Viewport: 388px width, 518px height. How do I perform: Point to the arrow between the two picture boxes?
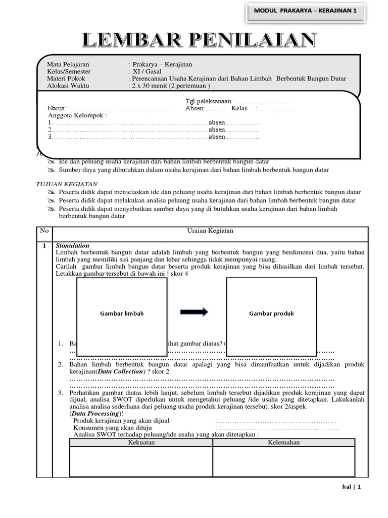pyautogui.click(x=194, y=312)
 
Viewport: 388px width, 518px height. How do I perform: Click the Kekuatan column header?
pyautogui.click(x=141, y=442)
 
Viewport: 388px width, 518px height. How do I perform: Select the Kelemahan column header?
pyautogui.click(x=283, y=442)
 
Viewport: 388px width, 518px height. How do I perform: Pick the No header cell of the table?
pyautogui.click(x=44, y=231)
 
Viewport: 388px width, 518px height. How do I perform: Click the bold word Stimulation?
pyautogui.click(x=72, y=245)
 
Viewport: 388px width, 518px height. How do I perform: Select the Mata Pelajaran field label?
pyautogui.click(x=68, y=64)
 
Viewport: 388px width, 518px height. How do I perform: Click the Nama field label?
pyautogui.click(x=56, y=108)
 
